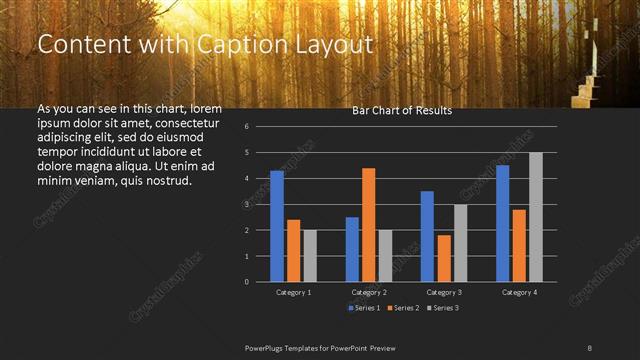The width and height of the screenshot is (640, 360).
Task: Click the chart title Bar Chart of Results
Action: point(402,111)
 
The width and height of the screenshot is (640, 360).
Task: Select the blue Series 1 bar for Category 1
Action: point(277,226)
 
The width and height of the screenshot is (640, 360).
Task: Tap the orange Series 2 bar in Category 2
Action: point(368,225)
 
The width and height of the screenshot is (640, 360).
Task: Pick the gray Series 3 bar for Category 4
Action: point(535,217)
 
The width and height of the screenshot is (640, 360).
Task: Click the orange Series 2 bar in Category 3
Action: point(444,258)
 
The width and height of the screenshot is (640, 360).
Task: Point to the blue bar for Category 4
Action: point(502,223)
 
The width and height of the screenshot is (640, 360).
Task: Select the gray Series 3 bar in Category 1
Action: point(310,256)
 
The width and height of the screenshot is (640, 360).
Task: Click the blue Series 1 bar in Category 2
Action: point(352,249)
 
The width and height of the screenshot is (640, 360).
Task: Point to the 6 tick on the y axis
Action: point(260,127)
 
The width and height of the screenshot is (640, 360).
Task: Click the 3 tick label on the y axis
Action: point(260,204)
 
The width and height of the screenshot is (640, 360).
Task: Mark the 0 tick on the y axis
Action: point(260,282)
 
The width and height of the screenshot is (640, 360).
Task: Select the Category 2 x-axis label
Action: point(369,292)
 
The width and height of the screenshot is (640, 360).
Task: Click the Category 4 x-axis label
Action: point(519,292)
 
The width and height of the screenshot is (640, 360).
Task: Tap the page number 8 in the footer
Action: point(589,347)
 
